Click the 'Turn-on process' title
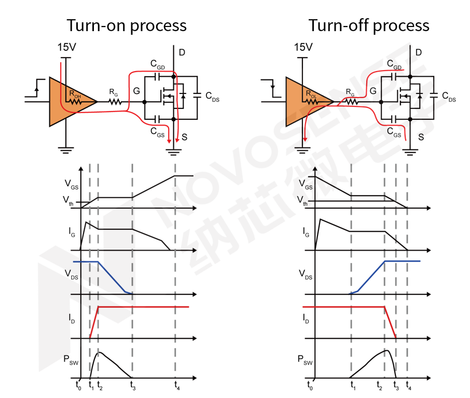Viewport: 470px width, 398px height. [x=127, y=25]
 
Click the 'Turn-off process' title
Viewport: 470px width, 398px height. [x=369, y=25]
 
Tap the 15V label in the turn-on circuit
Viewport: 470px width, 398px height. [x=66, y=48]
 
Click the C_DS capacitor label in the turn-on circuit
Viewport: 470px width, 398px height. [x=212, y=97]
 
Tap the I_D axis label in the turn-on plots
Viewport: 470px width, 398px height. [x=72, y=319]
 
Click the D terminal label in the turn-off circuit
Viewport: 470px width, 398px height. [x=418, y=52]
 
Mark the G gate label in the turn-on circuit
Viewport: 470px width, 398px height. [x=136, y=91]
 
